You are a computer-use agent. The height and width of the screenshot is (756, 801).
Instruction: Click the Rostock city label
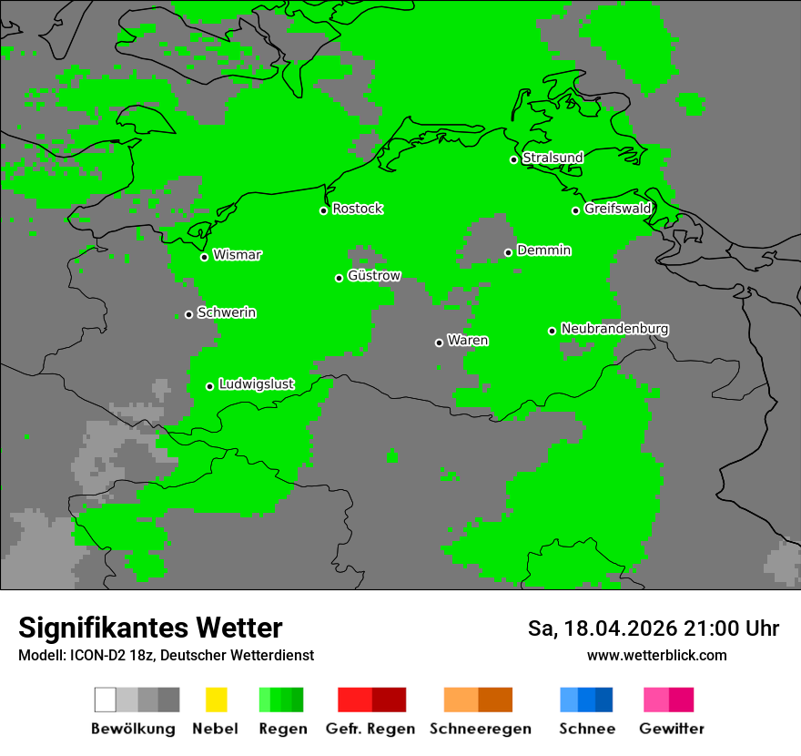[x=358, y=209]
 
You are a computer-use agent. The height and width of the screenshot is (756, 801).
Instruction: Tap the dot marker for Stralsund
[x=513, y=159]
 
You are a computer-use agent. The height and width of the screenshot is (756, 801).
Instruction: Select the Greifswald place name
[x=618, y=209]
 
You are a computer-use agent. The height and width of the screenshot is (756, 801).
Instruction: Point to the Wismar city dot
[x=204, y=257]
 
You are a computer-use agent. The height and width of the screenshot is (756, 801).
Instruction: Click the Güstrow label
[x=374, y=276]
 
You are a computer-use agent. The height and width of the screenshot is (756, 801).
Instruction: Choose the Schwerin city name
[x=227, y=312]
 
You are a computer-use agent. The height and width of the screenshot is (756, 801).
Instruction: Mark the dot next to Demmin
[x=508, y=252]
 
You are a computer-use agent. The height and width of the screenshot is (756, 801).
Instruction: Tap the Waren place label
[x=468, y=341]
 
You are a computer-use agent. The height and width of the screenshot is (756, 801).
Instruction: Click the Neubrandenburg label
[x=615, y=329]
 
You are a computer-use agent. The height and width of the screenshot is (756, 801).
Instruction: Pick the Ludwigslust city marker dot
[x=209, y=386]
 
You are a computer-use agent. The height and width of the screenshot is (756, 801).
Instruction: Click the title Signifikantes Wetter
[x=150, y=628]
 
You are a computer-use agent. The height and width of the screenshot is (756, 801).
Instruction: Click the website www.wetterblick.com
[x=657, y=655]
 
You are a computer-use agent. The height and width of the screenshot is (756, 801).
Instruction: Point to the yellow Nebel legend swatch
[x=216, y=700]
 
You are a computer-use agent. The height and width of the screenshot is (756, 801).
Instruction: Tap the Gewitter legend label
[x=672, y=729]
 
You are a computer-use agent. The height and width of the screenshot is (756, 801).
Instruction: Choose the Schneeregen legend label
[x=481, y=729]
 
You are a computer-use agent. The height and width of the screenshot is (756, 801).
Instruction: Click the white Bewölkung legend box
[x=106, y=700]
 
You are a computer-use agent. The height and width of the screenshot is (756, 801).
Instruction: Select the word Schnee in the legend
[x=587, y=729]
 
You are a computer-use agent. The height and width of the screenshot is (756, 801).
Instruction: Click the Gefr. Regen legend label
[x=370, y=729]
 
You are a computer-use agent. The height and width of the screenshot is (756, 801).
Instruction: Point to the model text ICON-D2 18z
[x=112, y=655]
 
